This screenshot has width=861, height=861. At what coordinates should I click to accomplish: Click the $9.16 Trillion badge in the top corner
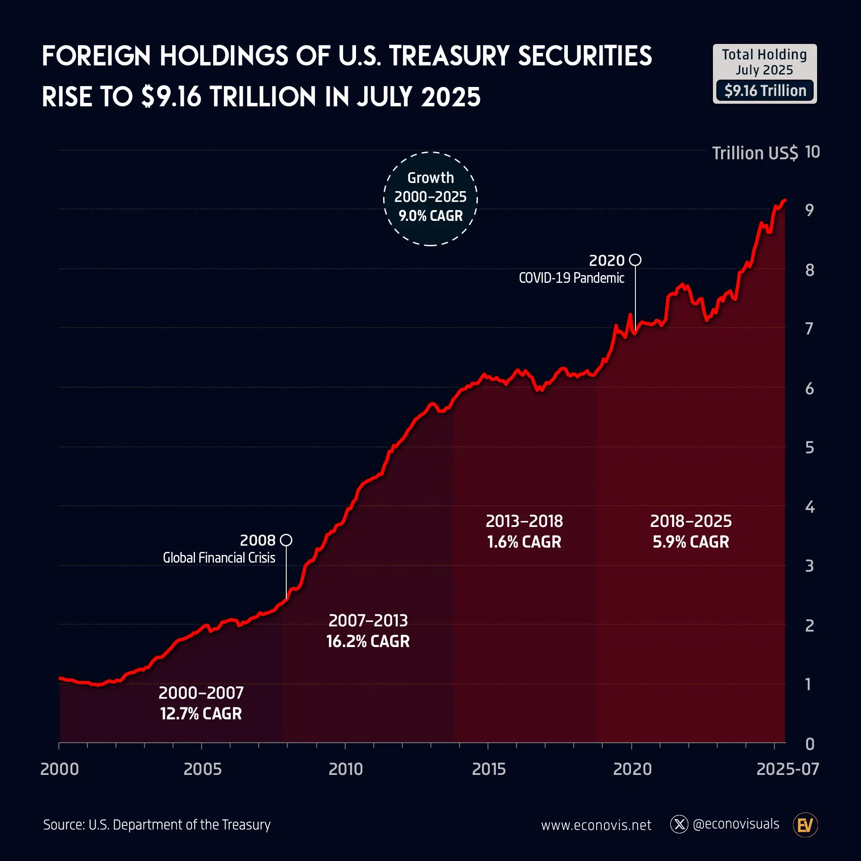(x=765, y=90)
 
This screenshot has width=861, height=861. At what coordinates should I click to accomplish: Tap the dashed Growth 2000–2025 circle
(x=430, y=199)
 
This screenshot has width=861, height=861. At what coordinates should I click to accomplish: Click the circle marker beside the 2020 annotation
(x=635, y=260)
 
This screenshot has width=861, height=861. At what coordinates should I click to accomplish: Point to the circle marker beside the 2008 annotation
(x=286, y=540)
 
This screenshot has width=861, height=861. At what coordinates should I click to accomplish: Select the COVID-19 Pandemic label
(x=571, y=278)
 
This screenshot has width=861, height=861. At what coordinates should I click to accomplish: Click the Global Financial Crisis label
(x=219, y=557)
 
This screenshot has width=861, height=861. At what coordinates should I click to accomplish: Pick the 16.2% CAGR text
(x=368, y=641)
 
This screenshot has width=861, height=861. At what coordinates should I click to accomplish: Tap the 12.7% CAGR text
(x=201, y=713)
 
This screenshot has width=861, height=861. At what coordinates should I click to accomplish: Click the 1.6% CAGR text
(x=524, y=542)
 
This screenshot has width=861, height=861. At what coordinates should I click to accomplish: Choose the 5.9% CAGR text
(x=691, y=542)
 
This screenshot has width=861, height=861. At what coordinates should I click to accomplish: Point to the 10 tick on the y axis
(x=812, y=152)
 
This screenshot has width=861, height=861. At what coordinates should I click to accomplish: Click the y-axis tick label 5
(x=809, y=448)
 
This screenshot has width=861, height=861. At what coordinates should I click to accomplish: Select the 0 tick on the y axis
(x=810, y=744)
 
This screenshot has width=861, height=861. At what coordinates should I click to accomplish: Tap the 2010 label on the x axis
(x=345, y=769)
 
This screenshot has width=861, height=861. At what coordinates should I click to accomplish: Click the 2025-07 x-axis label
(x=787, y=769)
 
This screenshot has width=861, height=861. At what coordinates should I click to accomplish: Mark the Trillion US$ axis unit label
(x=755, y=153)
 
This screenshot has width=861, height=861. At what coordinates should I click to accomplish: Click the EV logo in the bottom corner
(x=805, y=825)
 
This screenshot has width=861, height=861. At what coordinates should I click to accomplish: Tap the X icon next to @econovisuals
(x=679, y=824)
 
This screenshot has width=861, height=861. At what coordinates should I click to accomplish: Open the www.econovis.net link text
(x=596, y=825)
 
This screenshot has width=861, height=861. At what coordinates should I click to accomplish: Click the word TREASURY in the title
(x=449, y=56)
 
